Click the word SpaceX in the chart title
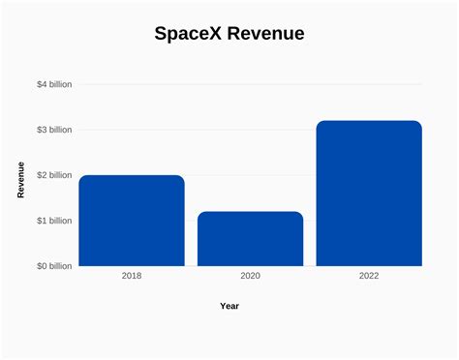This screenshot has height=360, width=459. (x=190, y=34)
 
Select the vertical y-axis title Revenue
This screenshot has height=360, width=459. (x=21, y=180)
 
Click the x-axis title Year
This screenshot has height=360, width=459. (x=229, y=306)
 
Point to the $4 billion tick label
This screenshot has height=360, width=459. (x=54, y=84)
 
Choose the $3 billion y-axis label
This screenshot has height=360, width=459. (x=54, y=130)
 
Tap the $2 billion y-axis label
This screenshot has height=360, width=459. (x=54, y=175)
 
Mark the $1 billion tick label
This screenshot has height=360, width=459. (x=54, y=221)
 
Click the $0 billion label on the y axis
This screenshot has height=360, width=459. (x=54, y=266)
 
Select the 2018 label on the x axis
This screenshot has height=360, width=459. (x=132, y=277)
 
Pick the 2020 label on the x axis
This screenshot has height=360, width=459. (x=250, y=277)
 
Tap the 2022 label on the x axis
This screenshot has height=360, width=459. (x=369, y=277)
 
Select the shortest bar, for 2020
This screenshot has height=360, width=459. (x=250, y=239)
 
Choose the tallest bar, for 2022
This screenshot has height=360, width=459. (x=369, y=194)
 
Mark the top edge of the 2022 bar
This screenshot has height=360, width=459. (x=369, y=121)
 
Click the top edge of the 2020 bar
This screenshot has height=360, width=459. (x=250, y=212)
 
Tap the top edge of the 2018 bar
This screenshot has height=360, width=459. (x=132, y=176)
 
